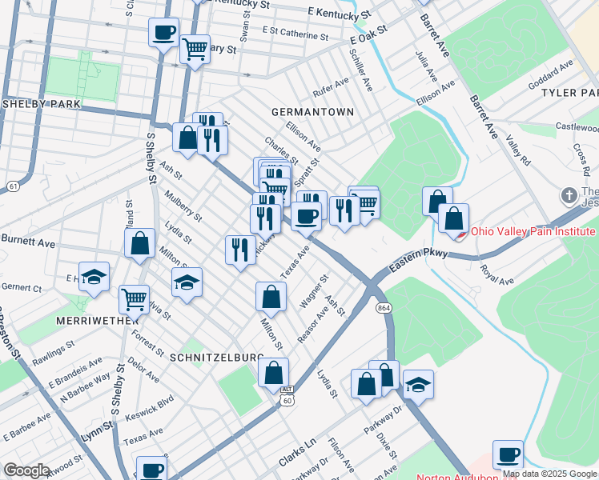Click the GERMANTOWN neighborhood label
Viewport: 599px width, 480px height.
[312, 112]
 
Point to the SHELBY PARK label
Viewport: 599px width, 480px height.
[34, 105]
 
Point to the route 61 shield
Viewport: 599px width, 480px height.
[12, 186]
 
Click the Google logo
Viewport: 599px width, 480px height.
[26, 470]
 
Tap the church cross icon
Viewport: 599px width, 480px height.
[569, 195]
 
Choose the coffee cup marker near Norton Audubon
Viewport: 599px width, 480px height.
[507, 454]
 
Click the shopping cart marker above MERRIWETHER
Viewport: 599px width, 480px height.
[134, 299]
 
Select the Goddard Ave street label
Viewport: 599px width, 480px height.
[552, 70]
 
